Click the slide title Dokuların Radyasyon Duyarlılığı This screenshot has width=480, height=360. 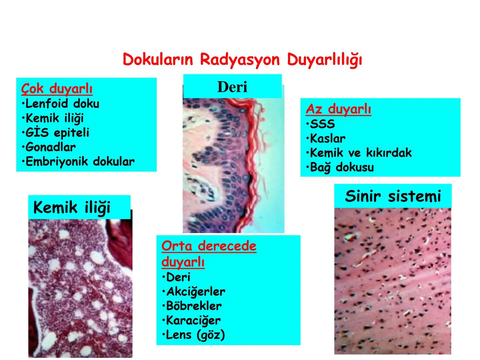(x=242, y=60)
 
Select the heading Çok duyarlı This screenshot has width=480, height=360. (x=57, y=89)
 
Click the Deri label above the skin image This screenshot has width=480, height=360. (x=232, y=87)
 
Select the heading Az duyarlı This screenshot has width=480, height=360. (x=338, y=109)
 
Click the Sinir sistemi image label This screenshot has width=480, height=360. (x=393, y=196)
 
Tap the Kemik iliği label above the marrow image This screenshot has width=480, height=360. (x=72, y=208)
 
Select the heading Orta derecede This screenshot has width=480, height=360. (x=209, y=246)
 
